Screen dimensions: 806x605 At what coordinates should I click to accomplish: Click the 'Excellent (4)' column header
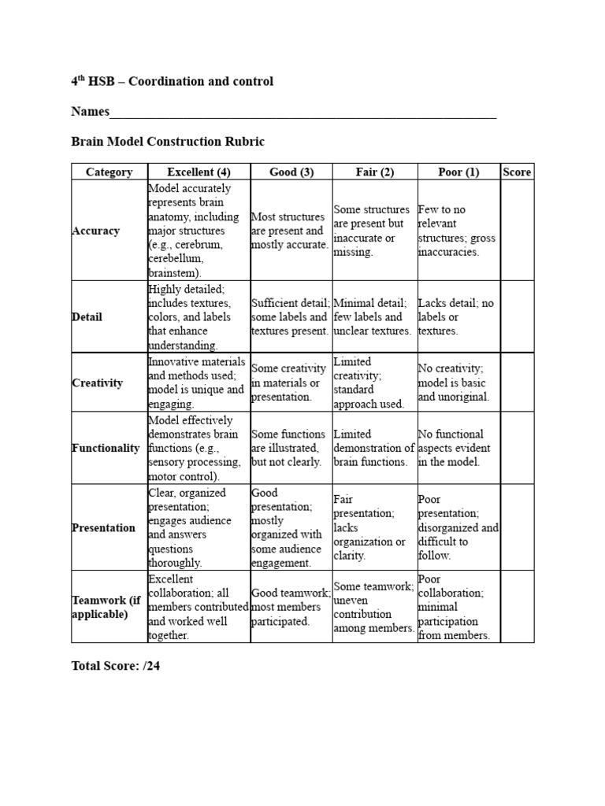point(199,172)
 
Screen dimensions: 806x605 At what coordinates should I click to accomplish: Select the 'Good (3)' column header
point(291,172)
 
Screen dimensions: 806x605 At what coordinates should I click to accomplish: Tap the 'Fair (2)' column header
point(374,172)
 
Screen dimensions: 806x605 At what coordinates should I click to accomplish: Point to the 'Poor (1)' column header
point(458,172)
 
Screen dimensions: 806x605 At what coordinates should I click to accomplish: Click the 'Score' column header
point(517,172)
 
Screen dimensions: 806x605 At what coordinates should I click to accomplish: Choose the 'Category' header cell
point(109,172)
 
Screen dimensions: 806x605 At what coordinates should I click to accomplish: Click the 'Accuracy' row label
point(96,231)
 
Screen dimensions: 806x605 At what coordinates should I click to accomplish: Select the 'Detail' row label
point(87,317)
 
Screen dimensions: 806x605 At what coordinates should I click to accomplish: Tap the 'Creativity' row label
point(98,383)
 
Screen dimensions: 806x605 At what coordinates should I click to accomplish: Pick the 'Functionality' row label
point(106,448)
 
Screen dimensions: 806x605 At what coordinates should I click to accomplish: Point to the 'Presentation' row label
point(104,527)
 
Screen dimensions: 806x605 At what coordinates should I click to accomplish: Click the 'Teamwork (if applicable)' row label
point(106,607)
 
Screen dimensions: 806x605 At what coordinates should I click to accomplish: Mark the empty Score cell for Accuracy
point(517,231)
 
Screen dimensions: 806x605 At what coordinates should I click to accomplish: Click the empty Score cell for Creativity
point(517,383)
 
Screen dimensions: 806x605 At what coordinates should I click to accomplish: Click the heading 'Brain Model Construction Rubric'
point(168,142)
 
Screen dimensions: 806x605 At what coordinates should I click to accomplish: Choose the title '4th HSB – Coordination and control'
point(173,82)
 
